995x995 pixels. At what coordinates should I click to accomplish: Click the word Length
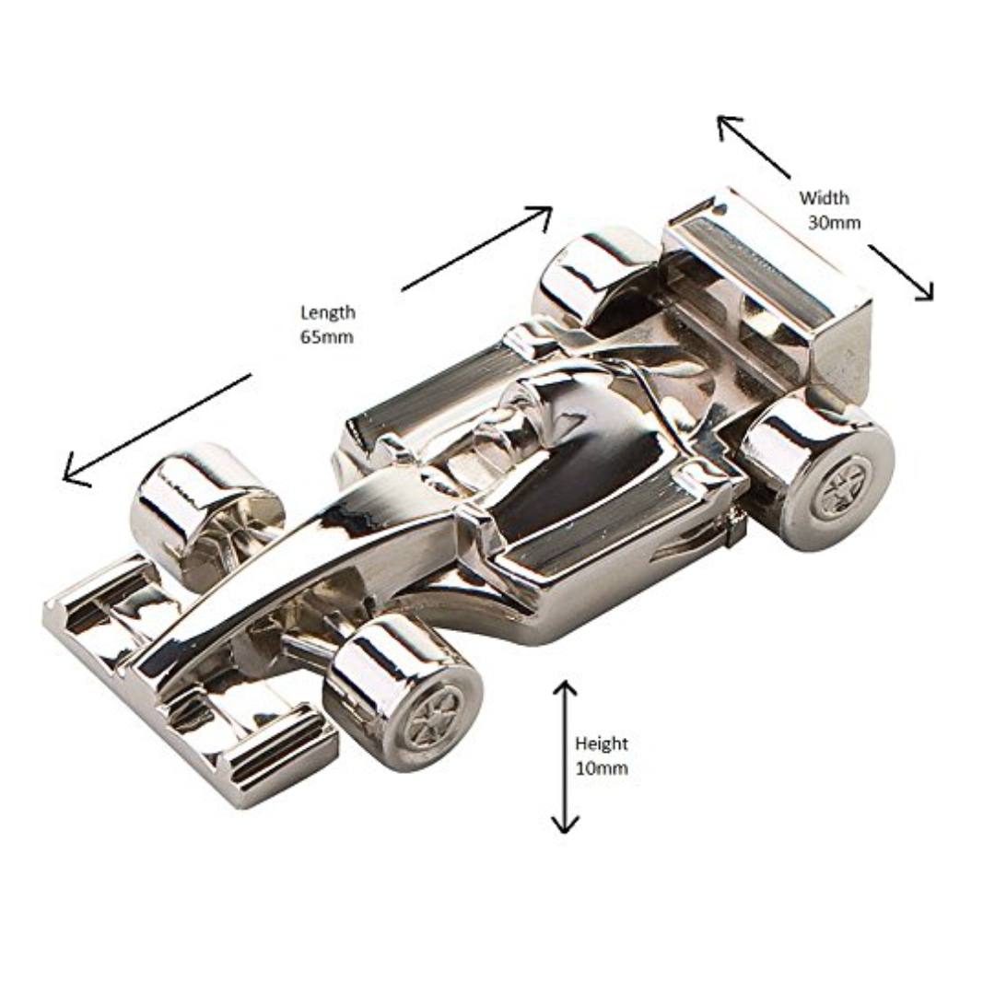tap(327, 313)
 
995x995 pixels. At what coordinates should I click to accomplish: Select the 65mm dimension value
tap(326, 337)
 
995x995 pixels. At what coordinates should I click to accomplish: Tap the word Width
tap(824, 197)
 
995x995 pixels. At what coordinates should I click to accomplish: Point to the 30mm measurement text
tap(834, 222)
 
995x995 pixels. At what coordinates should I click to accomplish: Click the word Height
tap(601, 743)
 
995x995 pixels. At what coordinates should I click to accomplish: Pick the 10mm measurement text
tap(601, 768)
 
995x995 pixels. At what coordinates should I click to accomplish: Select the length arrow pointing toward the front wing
tap(157, 428)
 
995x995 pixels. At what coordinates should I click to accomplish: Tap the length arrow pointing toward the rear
tap(477, 248)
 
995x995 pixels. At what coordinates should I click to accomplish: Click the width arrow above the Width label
tap(754, 146)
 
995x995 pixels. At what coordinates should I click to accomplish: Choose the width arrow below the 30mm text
tap(901, 272)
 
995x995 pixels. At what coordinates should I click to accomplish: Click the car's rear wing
tap(769, 276)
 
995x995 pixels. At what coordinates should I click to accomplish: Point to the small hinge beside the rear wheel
tap(734, 528)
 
